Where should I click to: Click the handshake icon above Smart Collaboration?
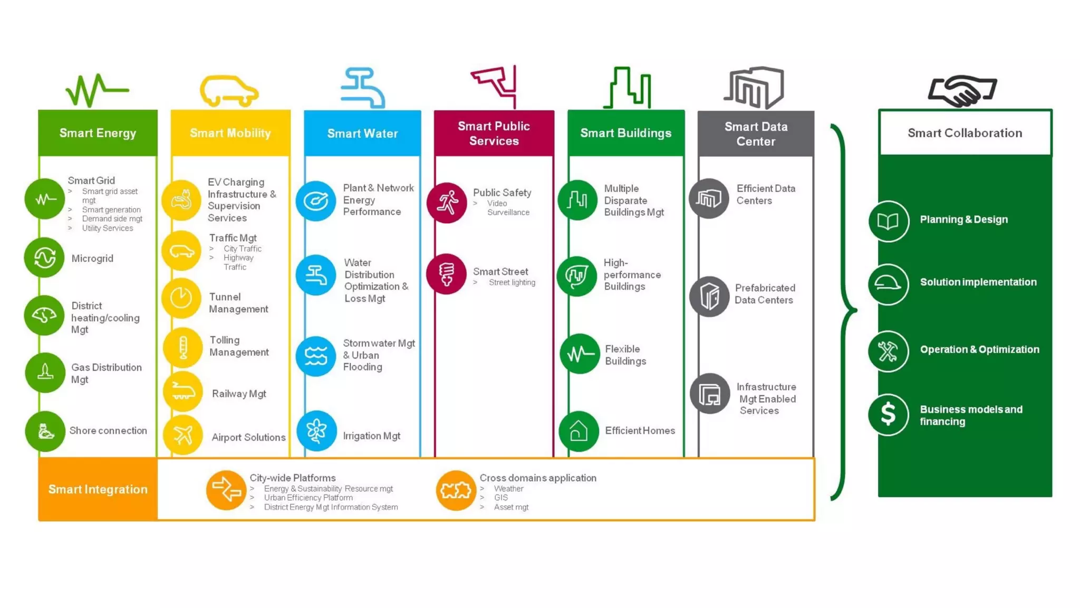(962, 90)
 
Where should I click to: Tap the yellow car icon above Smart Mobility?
(229, 91)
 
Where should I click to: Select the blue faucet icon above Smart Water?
(363, 88)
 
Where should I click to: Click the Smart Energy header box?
(98, 133)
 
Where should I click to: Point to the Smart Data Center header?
(755, 134)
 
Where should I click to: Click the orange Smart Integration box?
(98, 489)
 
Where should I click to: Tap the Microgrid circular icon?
(44, 258)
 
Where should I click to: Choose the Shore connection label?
(108, 431)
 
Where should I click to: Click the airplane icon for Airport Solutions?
(182, 435)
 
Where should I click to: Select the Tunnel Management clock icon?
(181, 298)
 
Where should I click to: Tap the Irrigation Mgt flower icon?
(316, 431)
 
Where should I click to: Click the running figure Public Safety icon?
(447, 203)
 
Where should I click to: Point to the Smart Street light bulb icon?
(447, 274)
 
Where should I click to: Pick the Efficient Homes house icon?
(578, 431)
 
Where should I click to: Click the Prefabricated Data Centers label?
(765, 294)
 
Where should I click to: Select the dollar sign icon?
(889, 414)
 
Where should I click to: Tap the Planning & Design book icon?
(889, 221)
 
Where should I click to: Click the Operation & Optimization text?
(979, 349)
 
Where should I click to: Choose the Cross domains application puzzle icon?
(456, 490)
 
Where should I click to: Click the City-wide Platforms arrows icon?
(226, 490)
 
